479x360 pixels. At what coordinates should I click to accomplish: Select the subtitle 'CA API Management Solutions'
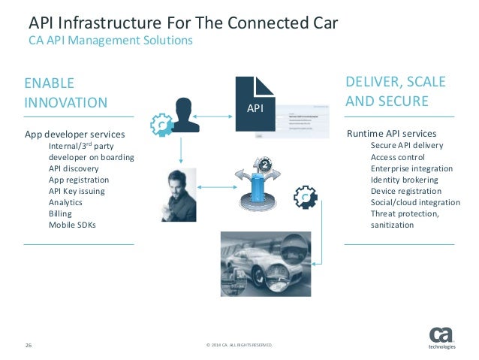(110, 40)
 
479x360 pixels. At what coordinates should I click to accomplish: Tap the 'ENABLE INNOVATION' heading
(65, 92)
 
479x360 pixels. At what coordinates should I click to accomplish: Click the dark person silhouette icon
(182, 115)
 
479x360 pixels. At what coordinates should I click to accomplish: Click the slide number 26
(29, 346)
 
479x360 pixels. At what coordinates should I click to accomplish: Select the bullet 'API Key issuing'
(77, 191)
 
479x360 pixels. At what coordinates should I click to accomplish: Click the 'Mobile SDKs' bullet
(73, 225)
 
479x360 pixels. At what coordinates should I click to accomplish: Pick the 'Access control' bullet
(398, 157)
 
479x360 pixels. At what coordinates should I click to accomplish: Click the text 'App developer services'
(75, 135)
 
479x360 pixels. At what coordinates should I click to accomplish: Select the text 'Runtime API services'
(391, 134)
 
